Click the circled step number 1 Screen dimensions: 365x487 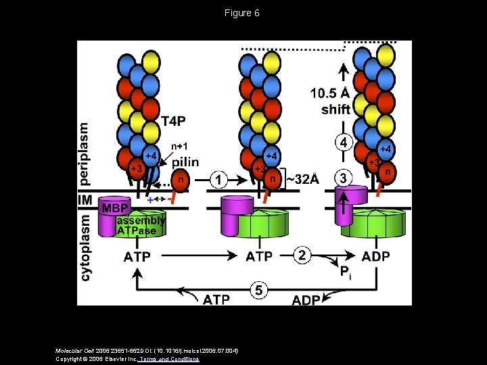coord(218,180)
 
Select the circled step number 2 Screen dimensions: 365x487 coord(302,255)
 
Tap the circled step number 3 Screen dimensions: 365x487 coord(344,178)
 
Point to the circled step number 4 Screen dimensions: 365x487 coord(344,143)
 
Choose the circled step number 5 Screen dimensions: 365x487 coord(259,291)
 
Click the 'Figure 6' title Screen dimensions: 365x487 coord(243,13)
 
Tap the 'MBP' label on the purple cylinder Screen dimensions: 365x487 coord(115,208)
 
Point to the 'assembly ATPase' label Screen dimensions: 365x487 coord(140,226)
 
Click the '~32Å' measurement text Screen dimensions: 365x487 coord(302,179)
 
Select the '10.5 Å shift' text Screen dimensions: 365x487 coord(331,101)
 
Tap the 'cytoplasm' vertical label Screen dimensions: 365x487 coord(85,247)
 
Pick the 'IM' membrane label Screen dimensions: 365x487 coord(86,201)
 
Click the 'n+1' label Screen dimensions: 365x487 coord(179,146)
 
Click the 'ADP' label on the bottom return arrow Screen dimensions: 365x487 coord(306,299)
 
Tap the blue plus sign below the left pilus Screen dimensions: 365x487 coord(149,200)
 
